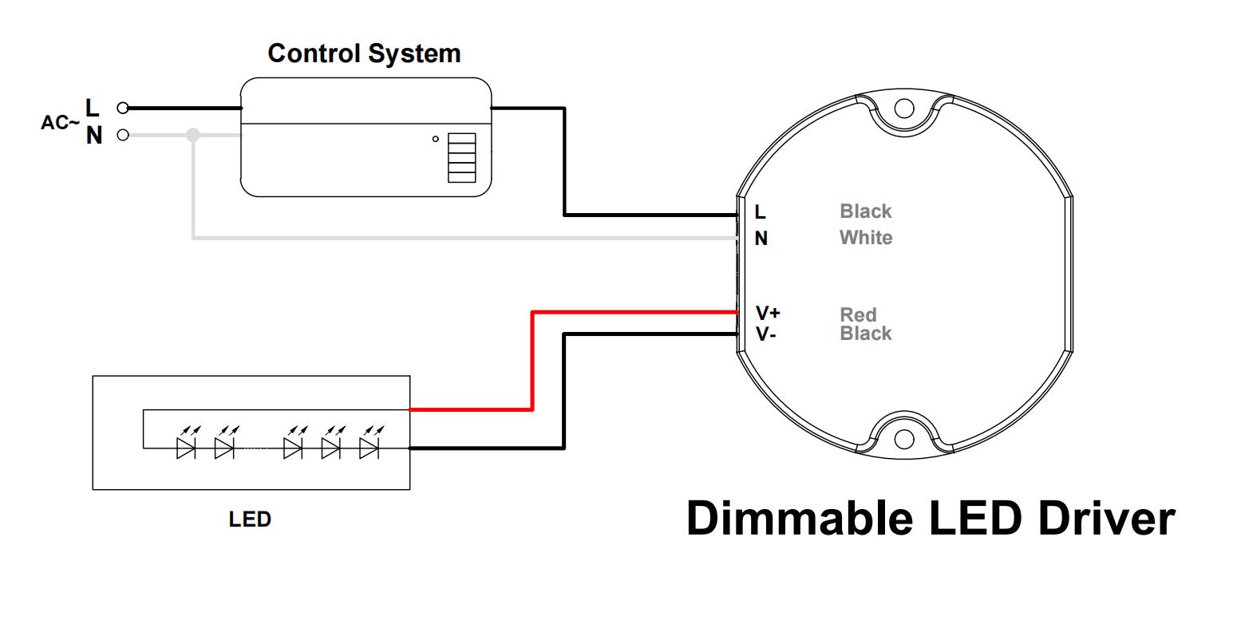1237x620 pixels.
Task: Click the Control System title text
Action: pos(364,53)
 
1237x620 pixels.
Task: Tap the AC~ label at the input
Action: pos(61,123)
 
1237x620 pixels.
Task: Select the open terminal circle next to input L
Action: pos(123,109)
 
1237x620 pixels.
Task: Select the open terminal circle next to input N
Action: pos(123,135)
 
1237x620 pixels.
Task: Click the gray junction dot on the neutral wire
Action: pos(193,135)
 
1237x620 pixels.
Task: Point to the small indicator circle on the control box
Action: pos(436,139)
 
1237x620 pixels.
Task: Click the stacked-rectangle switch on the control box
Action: pos(461,157)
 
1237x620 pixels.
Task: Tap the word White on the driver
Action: pos(866,238)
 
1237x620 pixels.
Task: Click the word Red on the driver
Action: pos(858,314)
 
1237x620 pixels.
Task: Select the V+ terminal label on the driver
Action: pos(768,313)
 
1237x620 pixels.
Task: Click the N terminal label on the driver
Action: pos(761,239)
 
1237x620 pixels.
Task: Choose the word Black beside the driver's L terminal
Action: pos(866,211)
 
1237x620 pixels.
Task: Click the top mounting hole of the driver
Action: pos(903,108)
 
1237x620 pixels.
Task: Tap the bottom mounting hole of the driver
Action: pos(903,439)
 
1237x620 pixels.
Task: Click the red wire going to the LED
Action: pos(532,359)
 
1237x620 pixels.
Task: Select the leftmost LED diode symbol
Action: pos(186,448)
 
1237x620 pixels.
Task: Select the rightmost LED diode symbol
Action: pos(369,448)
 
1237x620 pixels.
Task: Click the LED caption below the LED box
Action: pos(250,519)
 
